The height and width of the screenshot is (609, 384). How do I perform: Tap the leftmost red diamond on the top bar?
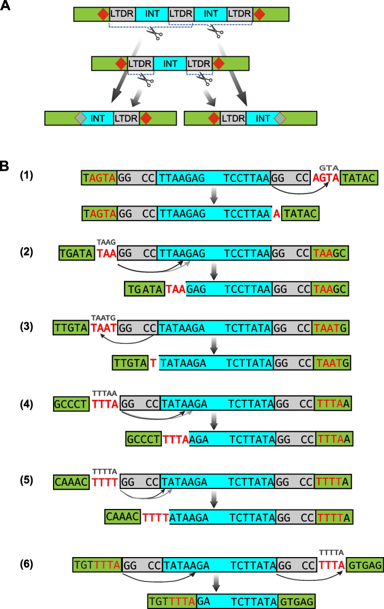click(102, 15)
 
